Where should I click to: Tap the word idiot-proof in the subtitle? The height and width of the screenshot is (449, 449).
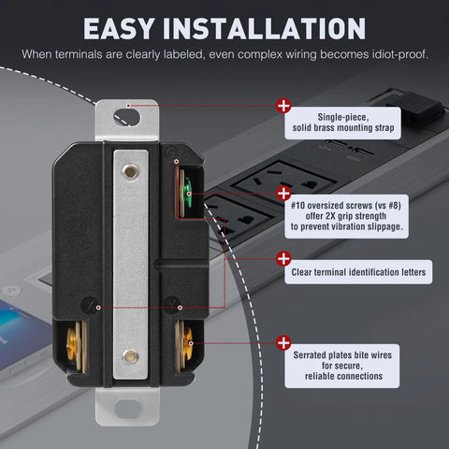click(399, 54)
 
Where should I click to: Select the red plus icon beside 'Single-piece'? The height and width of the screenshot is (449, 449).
click(284, 106)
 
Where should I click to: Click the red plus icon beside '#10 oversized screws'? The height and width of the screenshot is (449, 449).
click(284, 194)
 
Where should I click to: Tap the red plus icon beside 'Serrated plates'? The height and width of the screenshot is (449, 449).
click(284, 343)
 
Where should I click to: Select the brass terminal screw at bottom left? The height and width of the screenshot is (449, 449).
click(74, 345)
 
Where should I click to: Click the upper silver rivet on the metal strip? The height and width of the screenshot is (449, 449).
click(130, 172)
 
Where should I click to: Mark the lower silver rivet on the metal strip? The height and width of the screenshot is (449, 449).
click(130, 356)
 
